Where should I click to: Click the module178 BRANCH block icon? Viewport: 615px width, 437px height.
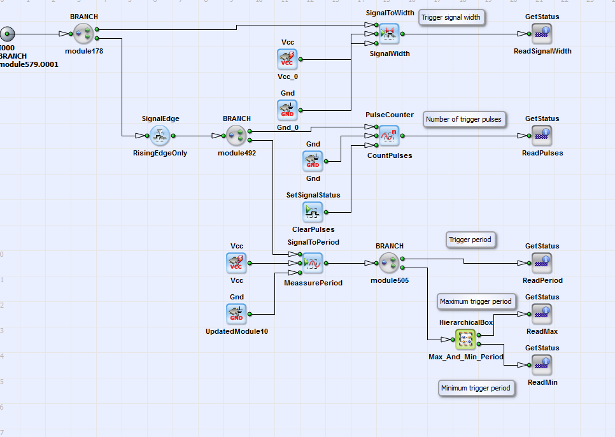(83, 33)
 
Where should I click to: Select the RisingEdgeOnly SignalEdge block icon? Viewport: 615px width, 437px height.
(160, 135)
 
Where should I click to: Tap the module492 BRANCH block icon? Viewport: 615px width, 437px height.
(236, 135)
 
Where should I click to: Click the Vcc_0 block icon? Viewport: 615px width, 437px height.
(287, 59)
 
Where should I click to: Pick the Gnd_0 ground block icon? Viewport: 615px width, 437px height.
(287, 110)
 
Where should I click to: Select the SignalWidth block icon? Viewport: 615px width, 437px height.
(389, 33)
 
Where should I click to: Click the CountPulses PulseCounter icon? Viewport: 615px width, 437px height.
(389, 135)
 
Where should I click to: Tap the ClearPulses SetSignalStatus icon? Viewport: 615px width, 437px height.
(313, 211)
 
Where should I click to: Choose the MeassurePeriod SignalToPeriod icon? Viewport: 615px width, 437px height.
(313, 262)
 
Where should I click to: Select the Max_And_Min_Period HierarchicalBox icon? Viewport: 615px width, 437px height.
(465, 339)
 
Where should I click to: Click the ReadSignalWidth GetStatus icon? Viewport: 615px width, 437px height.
(542, 33)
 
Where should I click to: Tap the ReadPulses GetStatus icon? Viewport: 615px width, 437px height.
(542, 135)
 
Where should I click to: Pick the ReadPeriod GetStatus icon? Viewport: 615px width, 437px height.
(542, 262)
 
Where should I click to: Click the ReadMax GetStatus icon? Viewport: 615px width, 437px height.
(542, 313)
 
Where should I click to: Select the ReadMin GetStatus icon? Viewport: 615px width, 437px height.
(542, 364)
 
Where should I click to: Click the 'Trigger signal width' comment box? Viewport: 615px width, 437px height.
(451, 17)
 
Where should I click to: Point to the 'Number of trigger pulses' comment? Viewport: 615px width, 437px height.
(463, 119)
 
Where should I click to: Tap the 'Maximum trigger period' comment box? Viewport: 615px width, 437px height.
(476, 301)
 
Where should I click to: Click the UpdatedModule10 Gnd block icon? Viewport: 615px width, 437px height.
(236, 313)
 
